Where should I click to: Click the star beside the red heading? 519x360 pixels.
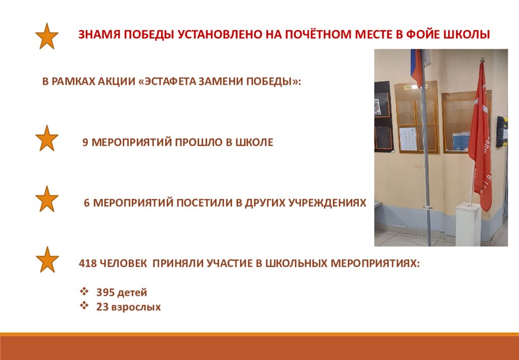click(x=47, y=37)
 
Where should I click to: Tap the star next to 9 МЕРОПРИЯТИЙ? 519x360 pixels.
click(x=47, y=138)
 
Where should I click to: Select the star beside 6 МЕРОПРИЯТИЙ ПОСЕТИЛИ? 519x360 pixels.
click(x=47, y=199)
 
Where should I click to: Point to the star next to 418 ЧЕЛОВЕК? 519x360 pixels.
click(x=47, y=259)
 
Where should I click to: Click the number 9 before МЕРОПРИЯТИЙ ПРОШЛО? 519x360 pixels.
click(x=85, y=142)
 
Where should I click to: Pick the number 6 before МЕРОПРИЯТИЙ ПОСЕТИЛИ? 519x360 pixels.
click(x=87, y=203)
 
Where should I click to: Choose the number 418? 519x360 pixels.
click(x=87, y=264)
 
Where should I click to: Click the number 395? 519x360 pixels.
click(x=105, y=292)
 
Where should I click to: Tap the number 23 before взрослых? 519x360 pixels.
click(x=102, y=307)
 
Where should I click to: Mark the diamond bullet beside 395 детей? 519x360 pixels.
click(x=85, y=292)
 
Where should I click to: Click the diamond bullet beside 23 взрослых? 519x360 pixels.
click(x=85, y=306)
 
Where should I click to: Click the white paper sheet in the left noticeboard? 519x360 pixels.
click(x=408, y=139)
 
